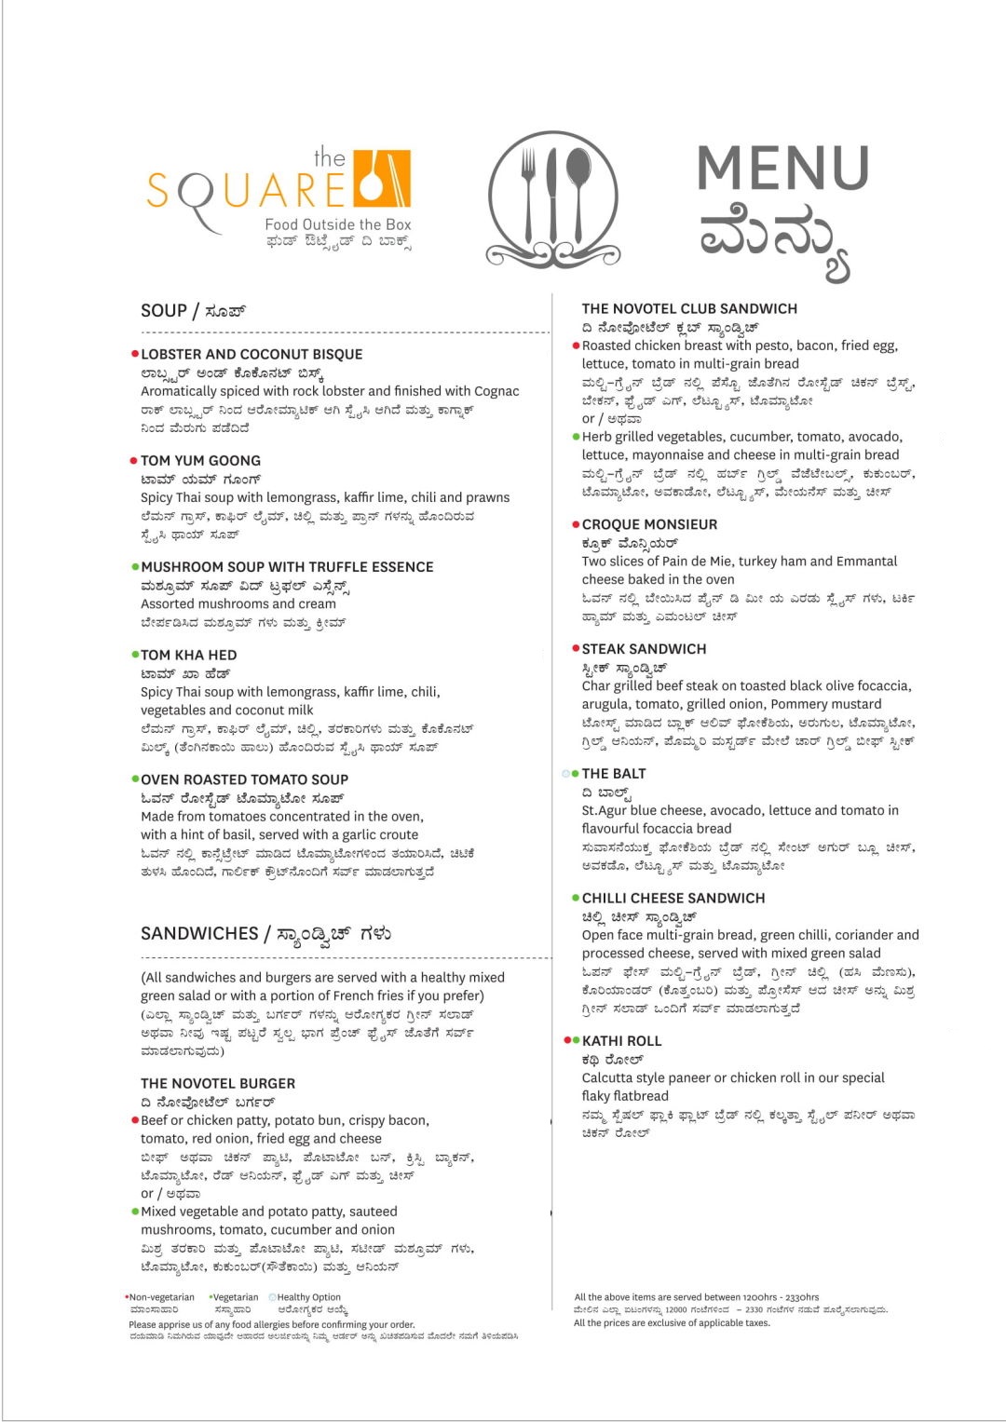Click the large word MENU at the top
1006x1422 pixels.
tap(782, 169)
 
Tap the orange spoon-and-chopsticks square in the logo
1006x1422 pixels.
tap(383, 178)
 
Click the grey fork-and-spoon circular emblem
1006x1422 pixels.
tap(552, 198)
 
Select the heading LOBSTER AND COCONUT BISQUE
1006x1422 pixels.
tap(251, 355)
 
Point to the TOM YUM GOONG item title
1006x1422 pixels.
tap(200, 461)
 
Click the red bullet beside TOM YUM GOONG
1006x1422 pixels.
tap(134, 460)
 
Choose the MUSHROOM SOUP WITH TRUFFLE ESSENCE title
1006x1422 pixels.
tap(287, 567)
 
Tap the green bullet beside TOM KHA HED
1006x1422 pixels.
tap(135, 655)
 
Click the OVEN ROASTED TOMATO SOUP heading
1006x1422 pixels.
tap(244, 779)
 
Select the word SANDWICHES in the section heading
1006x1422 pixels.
tap(199, 933)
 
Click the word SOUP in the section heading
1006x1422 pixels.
tap(164, 311)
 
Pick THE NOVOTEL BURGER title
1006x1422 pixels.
tap(218, 1084)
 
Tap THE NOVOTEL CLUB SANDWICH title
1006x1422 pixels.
tap(689, 309)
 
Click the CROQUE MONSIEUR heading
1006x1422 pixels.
tap(649, 525)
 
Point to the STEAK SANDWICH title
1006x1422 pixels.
tap(644, 649)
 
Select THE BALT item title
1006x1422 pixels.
tap(614, 774)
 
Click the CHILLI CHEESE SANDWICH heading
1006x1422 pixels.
tap(673, 899)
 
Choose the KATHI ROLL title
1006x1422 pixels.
tap(621, 1041)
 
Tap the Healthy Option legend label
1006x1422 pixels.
tap(308, 1297)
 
